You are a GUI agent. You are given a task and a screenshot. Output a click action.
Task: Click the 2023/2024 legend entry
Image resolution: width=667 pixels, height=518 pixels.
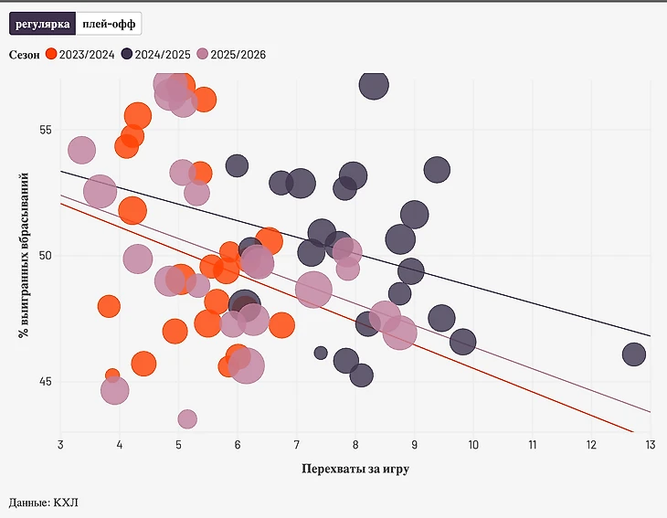[80, 55]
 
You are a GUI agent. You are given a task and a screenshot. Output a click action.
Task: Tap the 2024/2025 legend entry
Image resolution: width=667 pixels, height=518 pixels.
[156, 55]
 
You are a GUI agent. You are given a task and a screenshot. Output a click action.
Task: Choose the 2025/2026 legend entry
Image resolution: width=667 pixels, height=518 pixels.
[232, 55]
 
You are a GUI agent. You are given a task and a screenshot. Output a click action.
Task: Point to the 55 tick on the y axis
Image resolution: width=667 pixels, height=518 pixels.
[45, 130]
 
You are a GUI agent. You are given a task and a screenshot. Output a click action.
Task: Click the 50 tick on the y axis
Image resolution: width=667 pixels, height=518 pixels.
[45, 255]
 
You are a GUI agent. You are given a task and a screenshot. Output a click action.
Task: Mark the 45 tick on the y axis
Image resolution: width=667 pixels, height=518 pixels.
[45, 381]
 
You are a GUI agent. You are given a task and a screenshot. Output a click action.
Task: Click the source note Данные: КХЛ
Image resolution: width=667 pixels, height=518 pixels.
[43, 502]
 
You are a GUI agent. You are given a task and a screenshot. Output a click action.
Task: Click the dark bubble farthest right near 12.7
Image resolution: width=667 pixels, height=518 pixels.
[634, 354]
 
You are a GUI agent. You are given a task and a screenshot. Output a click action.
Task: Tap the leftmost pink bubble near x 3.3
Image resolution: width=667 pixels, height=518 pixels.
[81, 151]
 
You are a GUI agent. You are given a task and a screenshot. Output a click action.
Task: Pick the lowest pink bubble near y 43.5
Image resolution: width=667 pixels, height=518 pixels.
[187, 418]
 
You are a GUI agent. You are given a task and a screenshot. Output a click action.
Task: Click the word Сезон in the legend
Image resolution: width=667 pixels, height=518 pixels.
[25, 55]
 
